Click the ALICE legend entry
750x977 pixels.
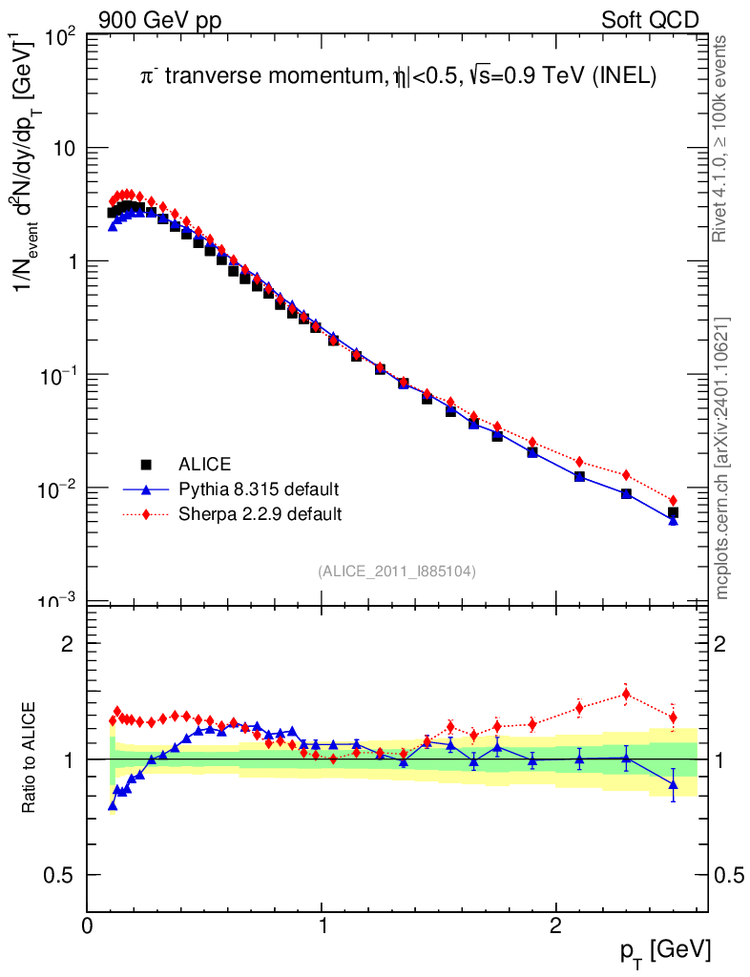(x=204, y=466)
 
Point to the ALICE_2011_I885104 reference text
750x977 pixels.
(x=397, y=571)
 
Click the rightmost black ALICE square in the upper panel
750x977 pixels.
(x=673, y=512)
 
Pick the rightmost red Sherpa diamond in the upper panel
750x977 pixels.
(x=673, y=500)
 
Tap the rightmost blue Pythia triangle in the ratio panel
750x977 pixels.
(x=673, y=785)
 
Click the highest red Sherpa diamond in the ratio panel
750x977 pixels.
(x=626, y=694)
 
